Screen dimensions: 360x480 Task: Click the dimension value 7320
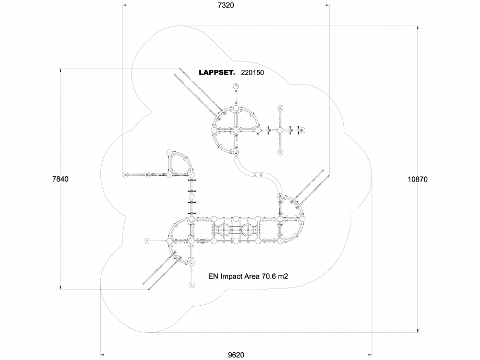coord(225,6)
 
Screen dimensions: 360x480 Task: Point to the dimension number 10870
coord(417,179)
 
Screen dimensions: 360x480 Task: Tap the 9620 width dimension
coord(236,355)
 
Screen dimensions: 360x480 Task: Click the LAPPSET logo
coord(217,74)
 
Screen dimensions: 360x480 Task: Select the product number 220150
coord(253,74)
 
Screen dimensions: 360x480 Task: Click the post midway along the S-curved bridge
coord(258,174)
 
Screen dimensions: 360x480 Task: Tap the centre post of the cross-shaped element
coord(280,130)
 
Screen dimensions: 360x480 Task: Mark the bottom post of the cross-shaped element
coord(280,152)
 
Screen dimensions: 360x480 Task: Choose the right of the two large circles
coord(247,230)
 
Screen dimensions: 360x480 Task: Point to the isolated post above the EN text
coord(191,285)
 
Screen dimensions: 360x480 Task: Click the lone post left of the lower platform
coord(148,241)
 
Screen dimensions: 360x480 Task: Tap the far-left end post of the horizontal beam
coord(125,175)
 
